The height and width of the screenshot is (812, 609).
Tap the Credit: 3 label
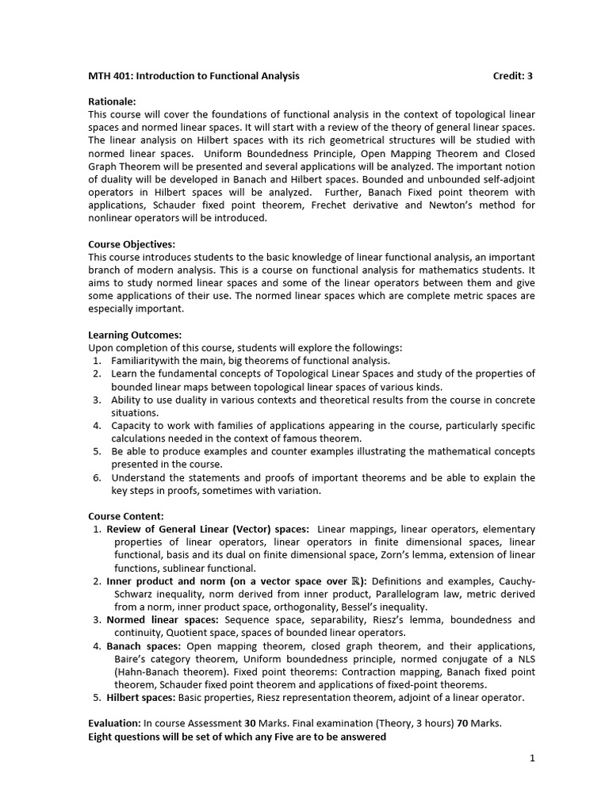(x=512, y=76)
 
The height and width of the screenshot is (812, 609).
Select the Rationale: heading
(x=112, y=101)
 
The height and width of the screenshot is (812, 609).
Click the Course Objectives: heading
(x=132, y=244)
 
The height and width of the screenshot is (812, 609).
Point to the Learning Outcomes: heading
(x=135, y=335)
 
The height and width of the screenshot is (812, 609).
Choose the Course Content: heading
(x=126, y=516)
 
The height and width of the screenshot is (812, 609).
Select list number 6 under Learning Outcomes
(x=96, y=477)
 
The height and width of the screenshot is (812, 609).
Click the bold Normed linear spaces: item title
(x=163, y=619)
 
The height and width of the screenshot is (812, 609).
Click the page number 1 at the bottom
(x=532, y=758)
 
